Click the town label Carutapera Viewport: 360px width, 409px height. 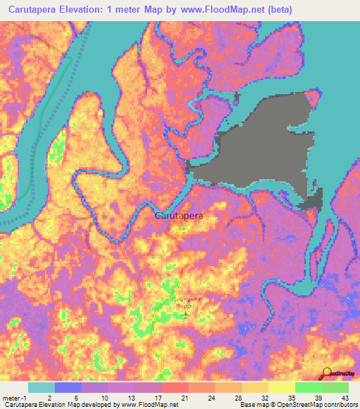coord(178,217)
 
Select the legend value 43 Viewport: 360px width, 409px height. coord(343,397)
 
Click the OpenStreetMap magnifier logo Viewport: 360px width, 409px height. coord(328,375)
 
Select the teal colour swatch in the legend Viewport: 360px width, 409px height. coord(41,387)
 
